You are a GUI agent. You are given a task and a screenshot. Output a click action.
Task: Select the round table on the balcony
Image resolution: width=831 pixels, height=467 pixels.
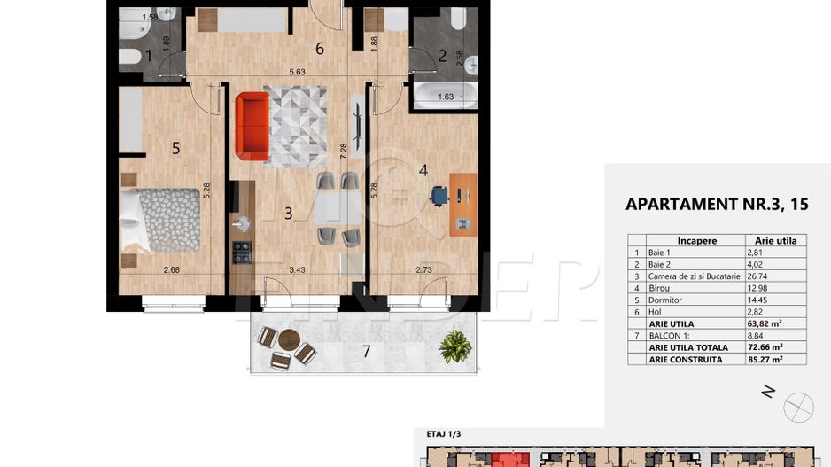click(x=290, y=339)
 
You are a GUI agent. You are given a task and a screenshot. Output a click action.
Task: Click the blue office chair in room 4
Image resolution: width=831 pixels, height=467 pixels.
click(x=439, y=196)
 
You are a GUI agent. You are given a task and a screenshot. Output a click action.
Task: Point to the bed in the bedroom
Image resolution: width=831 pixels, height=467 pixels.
click(x=159, y=220)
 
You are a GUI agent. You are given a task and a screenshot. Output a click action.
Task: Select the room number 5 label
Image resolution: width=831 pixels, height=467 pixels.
click(x=175, y=149)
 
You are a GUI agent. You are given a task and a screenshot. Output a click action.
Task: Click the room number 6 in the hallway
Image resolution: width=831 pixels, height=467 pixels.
click(x=319, y=49)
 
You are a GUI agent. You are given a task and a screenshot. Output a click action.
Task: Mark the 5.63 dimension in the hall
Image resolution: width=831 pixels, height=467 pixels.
click(x=295, y=74)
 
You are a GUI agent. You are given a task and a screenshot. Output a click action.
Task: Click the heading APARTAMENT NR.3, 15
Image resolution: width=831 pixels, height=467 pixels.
click(x=716, y=204)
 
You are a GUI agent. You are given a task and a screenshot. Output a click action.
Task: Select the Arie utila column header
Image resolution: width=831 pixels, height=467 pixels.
click(x=775, y=240)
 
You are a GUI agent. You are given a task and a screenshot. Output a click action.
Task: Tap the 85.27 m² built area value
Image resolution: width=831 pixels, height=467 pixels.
click(x=766, y=360)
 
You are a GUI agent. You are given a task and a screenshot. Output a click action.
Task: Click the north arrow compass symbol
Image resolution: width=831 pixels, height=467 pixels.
click(x=799, y=407)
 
